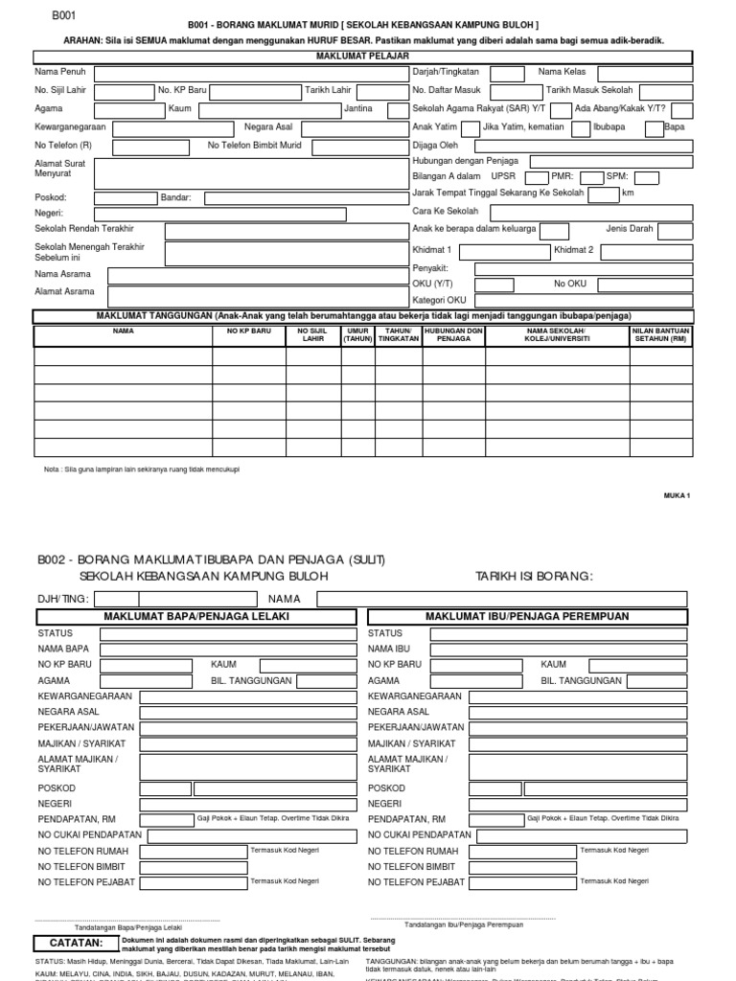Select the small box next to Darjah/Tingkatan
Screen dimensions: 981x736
(507, 73)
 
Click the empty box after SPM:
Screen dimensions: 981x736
(645, 177)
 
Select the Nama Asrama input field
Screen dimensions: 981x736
(253, 275)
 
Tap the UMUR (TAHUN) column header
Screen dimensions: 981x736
(357, 334)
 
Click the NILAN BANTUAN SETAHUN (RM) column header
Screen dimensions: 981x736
(660, 334)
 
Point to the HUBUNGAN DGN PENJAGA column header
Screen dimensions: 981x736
(453, 334)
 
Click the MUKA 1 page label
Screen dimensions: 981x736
(677, 495)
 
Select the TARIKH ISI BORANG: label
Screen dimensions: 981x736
(534, 576)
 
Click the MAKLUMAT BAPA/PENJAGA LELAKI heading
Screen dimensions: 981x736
(195, 616)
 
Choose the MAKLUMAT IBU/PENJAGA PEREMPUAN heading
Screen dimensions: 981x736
(527, 616)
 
